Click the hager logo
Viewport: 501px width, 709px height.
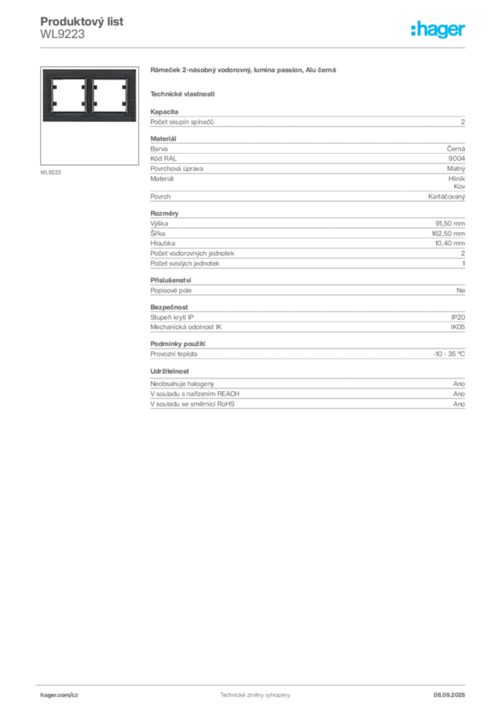click(437, 29)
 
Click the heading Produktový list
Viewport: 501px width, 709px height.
click(82, 21)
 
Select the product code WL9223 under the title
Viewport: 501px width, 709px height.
click(62, 35)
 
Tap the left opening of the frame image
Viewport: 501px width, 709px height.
click(69, 95)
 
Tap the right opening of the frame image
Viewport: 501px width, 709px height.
click(110, 95)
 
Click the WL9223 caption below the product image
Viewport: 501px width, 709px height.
click(51, 172)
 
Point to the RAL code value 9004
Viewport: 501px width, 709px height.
click(457, 159)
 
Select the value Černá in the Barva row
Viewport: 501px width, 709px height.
click(456, 148)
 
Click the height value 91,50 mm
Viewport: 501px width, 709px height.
click(450, 224)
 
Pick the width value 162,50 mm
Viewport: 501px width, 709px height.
click(448, 233)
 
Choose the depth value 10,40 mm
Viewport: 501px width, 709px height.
click(450, 243)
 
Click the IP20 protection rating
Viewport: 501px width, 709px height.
click(458, 317)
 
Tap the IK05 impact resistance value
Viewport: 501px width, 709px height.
click(457, 327)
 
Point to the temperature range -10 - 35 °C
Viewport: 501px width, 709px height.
click(449, 354)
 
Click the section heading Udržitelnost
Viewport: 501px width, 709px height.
click(170, 371)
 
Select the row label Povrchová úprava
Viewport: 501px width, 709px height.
click(176, 169)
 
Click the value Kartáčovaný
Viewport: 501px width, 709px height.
click(447, 197)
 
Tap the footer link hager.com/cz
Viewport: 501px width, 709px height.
click(60, 695)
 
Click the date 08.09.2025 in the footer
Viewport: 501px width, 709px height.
click(449, 695)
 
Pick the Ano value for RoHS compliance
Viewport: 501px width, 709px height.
click(459, 404)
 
